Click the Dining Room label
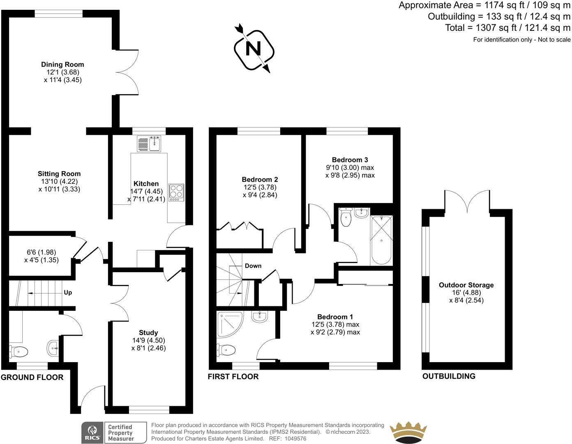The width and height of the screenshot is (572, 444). coord(62,65)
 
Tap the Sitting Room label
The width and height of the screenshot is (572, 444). coord(59,174)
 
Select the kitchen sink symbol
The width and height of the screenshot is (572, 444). coord(150,144)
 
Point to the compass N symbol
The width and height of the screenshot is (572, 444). coord(253,49)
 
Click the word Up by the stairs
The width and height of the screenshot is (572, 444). coord(68,293)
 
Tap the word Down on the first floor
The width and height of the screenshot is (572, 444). coord(253,266)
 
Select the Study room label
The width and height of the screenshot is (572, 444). coord(148,333)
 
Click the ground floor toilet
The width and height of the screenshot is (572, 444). coord(19,351)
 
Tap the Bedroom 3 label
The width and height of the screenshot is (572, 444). coord(350,160)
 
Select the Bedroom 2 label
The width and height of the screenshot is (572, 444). coord(260,180)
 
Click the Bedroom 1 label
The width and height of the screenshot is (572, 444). coord(335,317)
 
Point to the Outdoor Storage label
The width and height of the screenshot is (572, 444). coord(466,285)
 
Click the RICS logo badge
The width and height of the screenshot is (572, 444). coord(92,433)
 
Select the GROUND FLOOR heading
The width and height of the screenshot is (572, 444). coord(32,377)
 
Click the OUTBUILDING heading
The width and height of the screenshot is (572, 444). coord(449,376)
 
